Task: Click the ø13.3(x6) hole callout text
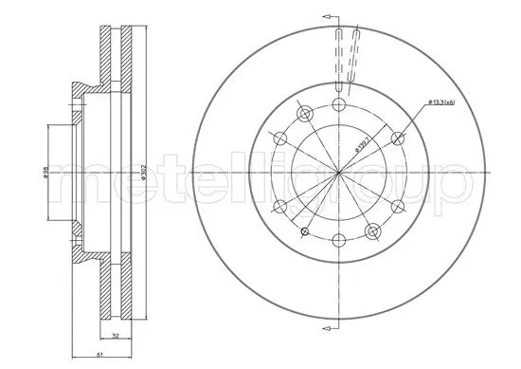pyautogui.click(x=442, y=101)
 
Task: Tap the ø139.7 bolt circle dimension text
pyautogui.click(x=362, y=141)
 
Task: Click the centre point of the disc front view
pyautogui.click(x=339, y=173)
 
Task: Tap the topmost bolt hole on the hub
pyautogui.click(x=339, y=103)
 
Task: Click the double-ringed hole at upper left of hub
pyautogui.click(x=304, y=114)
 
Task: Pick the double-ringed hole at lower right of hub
pyautogui.click(x=373, y=231)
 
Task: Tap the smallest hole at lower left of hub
pyautogui.click(x=304, y=231)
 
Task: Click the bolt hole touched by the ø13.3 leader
pyautogui.click(x=399, y=138)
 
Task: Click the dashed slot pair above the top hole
pyautogui.click(x=347, y=57)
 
